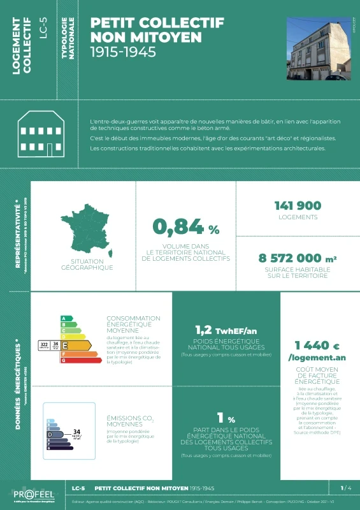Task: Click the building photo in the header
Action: click(x=318, y=48)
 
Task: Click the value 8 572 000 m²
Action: click(x=298, y=258)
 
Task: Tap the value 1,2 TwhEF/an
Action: click(x=226, y=330)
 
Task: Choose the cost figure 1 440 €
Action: click(x=313, y=345)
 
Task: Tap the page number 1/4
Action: click(x=346, y=488)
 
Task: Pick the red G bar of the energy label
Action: click(x=81, y=360)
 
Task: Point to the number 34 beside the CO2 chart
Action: click(x=78, y=432)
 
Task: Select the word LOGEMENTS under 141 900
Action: click(x=298, y=217)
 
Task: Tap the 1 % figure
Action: click(x=226, y=419)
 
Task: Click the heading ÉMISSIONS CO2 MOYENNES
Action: click(x=125, y=422)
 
